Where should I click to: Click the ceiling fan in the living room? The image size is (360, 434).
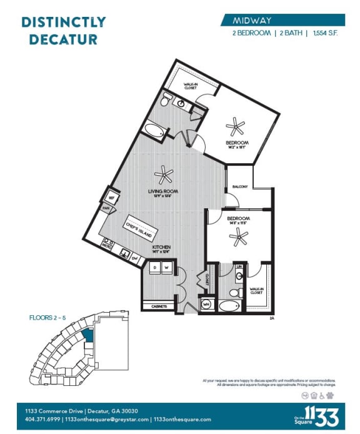(x=164, y=175)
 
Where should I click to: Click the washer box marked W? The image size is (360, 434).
(x=166, y=268)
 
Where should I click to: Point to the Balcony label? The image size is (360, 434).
(x=240, y=187)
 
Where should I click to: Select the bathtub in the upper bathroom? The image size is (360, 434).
(x=155, y=131)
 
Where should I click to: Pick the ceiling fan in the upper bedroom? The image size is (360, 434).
(x=236, y=127)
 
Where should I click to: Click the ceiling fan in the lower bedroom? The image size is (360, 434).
(x=239, y=236)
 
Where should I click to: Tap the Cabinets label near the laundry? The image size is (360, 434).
(x=159, y=306)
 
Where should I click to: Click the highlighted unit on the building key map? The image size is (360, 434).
(x=87, y=336)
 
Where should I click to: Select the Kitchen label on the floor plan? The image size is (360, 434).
(x=161, y=248)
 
